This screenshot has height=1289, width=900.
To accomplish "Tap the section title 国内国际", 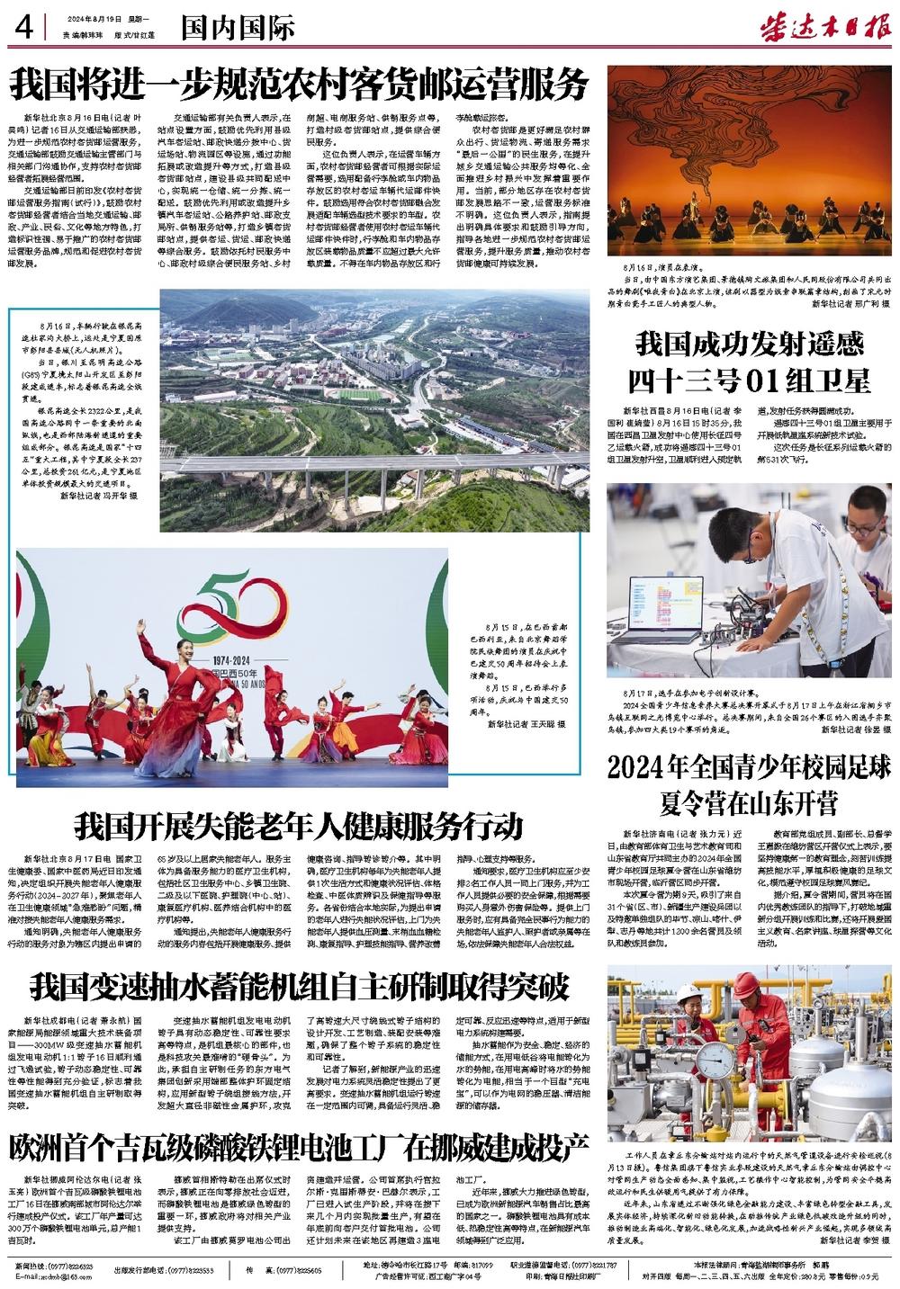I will click(238, 28).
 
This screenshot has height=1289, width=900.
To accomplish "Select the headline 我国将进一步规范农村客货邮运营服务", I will click(299, 85).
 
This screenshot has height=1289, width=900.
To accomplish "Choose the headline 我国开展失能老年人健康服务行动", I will click(298, 824).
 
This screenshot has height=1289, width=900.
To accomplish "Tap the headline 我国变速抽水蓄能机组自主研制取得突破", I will click(300, 986).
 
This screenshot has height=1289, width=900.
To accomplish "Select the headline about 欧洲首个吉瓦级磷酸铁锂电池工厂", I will click(299, 1147).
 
